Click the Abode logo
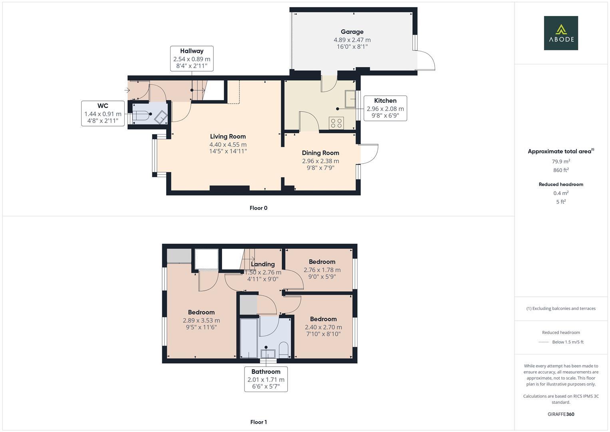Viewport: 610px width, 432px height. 561,33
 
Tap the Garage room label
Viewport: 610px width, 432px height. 352,32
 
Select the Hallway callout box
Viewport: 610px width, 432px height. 192,58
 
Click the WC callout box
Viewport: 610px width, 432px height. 103,114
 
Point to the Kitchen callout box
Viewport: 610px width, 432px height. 385,108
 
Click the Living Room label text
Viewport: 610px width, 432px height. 228,136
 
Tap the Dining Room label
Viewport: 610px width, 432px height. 320,153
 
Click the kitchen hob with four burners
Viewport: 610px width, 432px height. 336,123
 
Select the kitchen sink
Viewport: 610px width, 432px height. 351,99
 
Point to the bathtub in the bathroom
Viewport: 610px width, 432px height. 248,338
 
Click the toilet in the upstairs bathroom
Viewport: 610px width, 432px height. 284,349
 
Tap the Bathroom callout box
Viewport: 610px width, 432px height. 266,379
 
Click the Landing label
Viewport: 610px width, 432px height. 263,264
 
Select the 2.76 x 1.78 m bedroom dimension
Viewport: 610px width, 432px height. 322,270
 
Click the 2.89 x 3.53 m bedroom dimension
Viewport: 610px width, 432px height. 201,320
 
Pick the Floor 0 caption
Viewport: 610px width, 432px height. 258,208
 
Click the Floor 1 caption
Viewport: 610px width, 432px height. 258,422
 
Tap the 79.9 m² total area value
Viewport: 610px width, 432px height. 561,162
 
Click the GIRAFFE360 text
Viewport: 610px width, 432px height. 561,414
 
